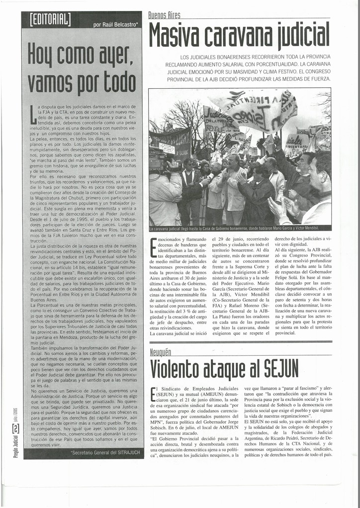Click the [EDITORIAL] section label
tap(50, 20)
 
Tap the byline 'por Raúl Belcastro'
tap(115, 24)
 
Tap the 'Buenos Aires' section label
tap(165, 16)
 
